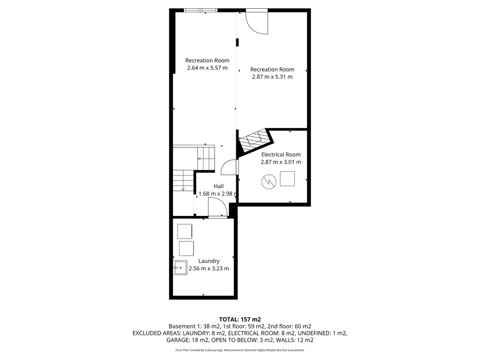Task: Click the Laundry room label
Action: point(209,261)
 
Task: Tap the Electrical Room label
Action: point(281,155)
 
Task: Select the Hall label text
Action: point(218,186)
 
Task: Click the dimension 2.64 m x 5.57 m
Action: point(207,68)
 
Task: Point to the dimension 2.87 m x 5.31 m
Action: point(272,77)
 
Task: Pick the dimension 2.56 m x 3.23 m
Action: point(209,268)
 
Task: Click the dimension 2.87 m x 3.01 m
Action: point(281,162)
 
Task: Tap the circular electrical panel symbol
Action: point(269,182)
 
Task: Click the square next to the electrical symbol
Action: point(288,179)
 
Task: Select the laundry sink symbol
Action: point(180,267)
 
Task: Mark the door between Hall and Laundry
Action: point(217,208)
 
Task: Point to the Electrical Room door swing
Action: point(229,168)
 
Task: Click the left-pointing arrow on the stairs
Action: point(201,158)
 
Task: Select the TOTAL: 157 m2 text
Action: point(240,320)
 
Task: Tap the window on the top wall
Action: point(201,11)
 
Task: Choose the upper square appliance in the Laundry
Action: point(185,231)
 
